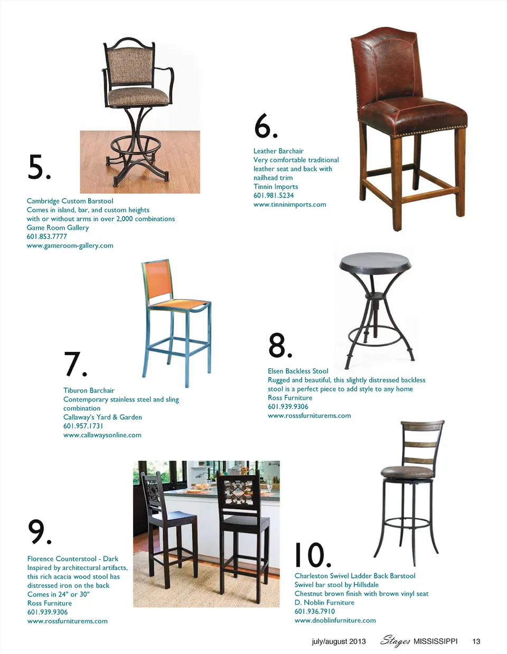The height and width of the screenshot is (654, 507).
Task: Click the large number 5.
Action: [39, 167]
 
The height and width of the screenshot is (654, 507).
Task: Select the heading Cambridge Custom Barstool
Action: [70, 201]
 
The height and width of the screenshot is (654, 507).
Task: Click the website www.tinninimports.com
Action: [290, 204]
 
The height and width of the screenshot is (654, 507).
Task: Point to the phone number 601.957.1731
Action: [83, 426]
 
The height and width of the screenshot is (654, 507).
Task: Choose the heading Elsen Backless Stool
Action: [298, 371]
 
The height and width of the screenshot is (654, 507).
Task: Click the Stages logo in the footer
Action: [395, 641]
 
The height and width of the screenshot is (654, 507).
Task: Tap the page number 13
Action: [476, 641]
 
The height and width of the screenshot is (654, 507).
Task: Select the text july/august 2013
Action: [339, 641]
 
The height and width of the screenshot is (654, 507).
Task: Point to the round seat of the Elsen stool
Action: [375, 263]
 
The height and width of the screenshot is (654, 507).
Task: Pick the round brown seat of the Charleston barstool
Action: [407, 472]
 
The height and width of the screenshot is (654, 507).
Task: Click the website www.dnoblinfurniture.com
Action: [335, 620]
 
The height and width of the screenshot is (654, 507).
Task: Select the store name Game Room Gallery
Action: [58, 228]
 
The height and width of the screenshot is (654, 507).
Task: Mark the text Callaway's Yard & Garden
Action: [102, 417]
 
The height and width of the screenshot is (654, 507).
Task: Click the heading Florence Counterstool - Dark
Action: [73, 558]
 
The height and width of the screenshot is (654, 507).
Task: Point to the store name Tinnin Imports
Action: [276, 186]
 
